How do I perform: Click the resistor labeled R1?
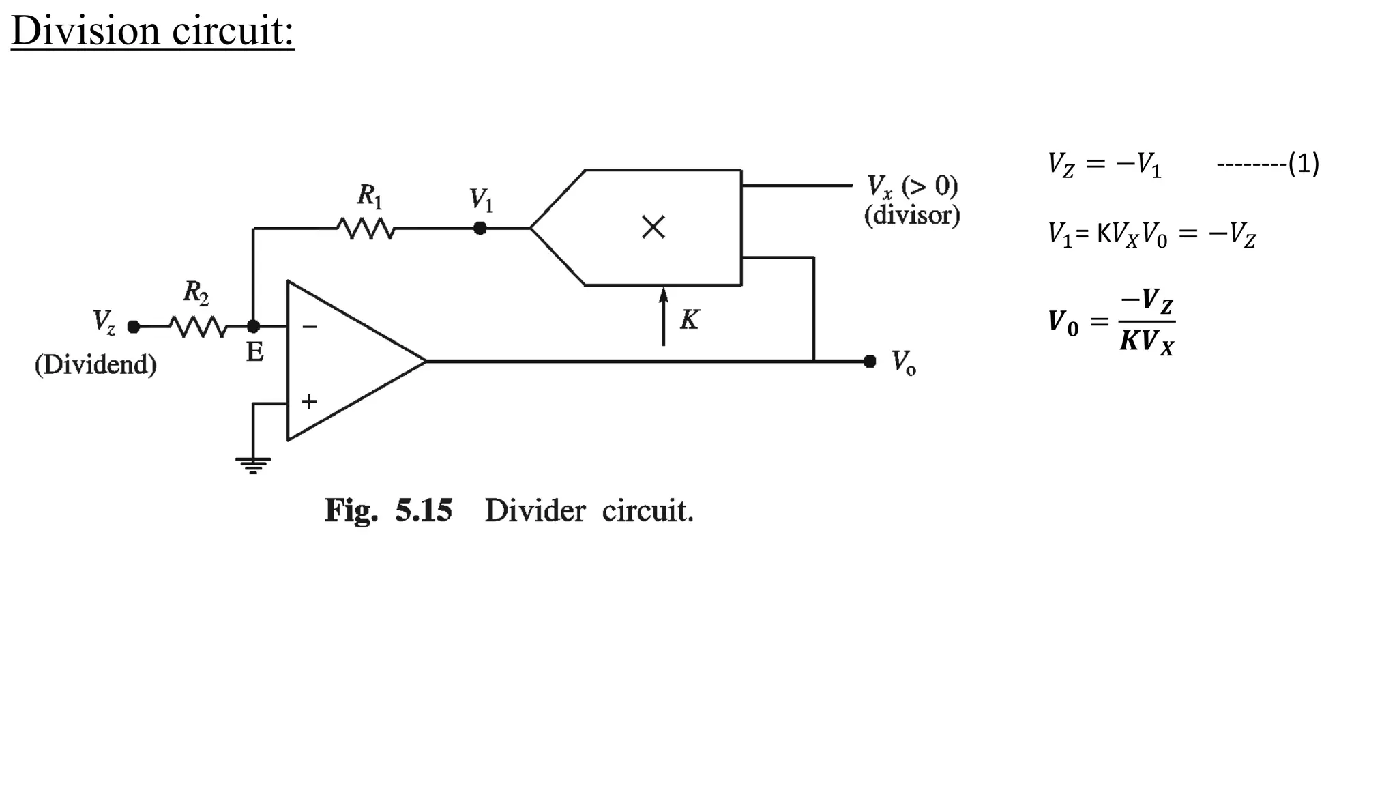point(366,229)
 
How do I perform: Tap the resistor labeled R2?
point(197,327)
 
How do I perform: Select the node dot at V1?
point(480,228)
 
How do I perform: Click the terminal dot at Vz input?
point(134,327)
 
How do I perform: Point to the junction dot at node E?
point(253,327)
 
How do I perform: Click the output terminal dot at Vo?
point(870,361)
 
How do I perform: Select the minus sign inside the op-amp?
point(310,327)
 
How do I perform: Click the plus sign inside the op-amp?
point(309,401)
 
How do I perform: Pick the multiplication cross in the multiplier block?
point(653,227)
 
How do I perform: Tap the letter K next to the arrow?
point(690,319)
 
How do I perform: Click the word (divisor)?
point(912,216)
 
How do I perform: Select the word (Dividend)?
point(95,364)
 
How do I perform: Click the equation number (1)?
point(1304,164)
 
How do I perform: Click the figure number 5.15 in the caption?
point(424,510)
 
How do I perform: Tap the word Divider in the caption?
point(535,510)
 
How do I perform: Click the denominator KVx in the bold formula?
point(1147,340)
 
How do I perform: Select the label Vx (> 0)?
point(912,186)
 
